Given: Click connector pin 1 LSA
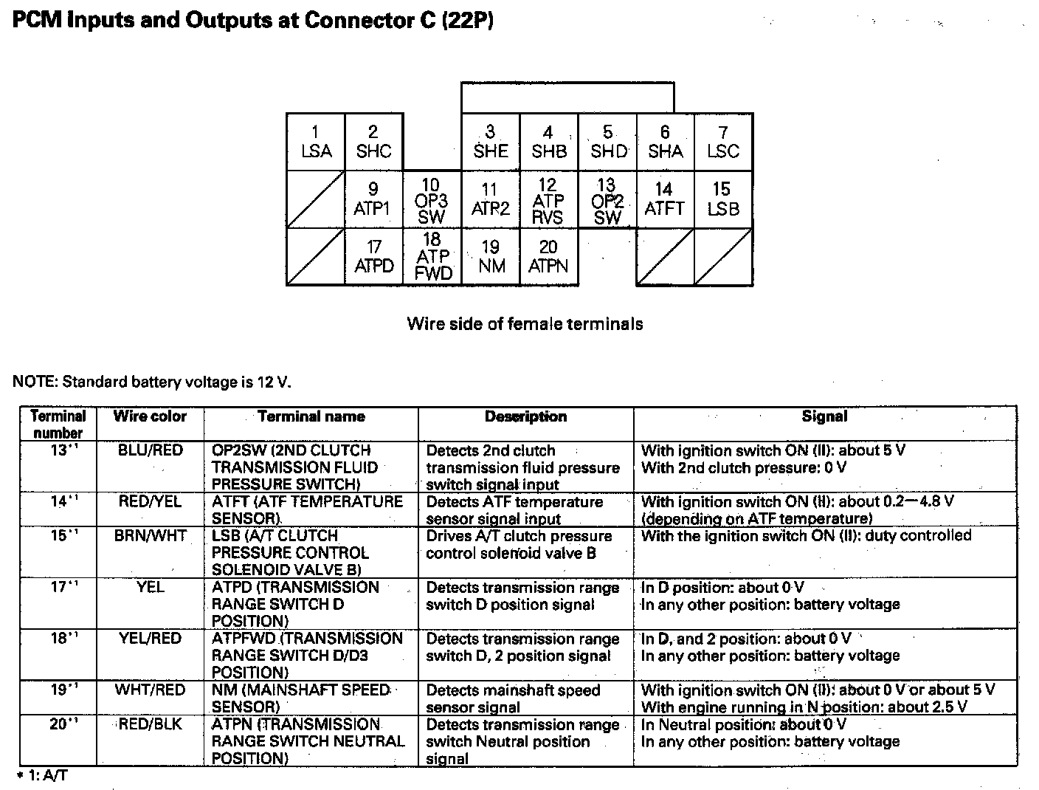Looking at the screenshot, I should tap(316, 142).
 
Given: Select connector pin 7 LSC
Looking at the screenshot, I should tap(723, 142).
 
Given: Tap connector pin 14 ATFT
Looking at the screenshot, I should tap(664, 199).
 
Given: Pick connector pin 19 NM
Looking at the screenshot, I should tap(491, 256).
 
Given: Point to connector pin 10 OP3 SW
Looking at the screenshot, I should tap(432, 200).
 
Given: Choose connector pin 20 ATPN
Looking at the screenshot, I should tap(548, 256).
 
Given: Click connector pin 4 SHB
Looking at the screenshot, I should tap(548, 142).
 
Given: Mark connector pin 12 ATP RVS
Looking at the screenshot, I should tap(548, 200).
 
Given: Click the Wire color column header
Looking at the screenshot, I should tap(150, 416).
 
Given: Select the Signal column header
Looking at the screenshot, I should tap(824, 416).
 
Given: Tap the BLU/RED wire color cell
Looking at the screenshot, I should tap(150, 450).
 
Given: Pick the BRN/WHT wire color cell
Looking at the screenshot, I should tap(150, 536).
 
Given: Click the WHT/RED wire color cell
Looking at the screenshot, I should tap(150, 690).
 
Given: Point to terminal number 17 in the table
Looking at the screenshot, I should tap(58, 588).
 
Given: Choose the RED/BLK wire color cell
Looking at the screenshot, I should tap(150, 724).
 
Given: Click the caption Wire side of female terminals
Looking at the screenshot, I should tap(525, 323).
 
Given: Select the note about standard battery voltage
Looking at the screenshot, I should tap(152, 382).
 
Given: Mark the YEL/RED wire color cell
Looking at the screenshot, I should tap(150, 639).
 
